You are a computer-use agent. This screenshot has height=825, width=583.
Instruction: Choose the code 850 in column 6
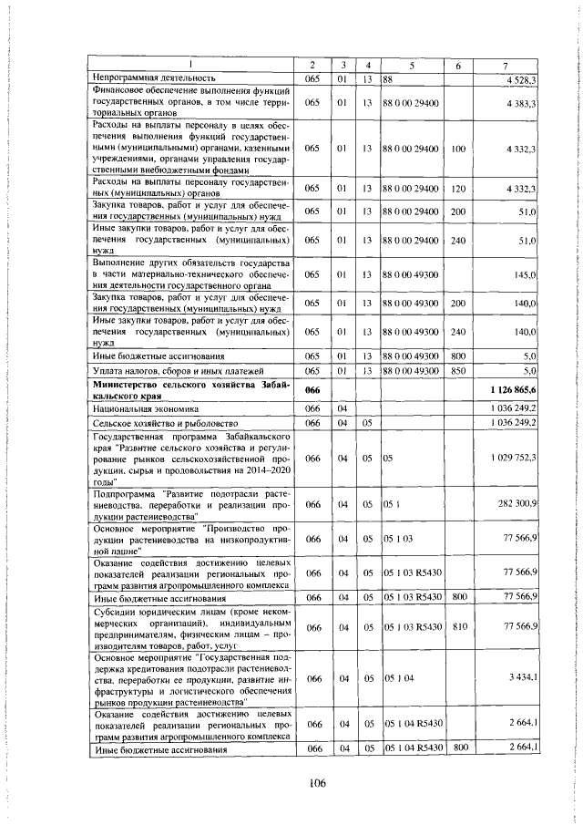click(458, 372)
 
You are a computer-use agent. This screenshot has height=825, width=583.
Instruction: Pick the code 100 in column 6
click(458, 147)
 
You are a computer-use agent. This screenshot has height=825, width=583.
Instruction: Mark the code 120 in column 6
click(458, 188)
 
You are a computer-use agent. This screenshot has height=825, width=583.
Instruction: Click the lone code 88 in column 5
click(388, 79)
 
